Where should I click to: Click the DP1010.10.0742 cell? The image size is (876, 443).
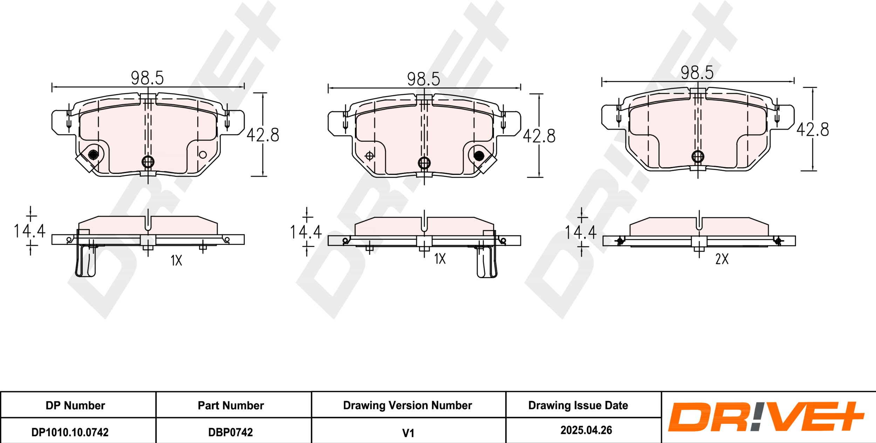[x=70, y=432]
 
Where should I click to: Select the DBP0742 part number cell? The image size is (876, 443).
[x=230, y=432]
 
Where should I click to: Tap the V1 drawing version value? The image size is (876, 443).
[x=408, y=433]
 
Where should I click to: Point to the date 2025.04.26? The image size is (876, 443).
[x=586, y=430]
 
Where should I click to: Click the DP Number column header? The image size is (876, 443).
[x=75, y=406]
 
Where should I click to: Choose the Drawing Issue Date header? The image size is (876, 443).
[x=578, y=406]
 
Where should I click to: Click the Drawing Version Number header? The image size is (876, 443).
[x=408, y=406]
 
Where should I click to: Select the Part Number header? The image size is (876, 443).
[x=231, y=406]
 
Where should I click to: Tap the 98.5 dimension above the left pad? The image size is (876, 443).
[x=147, y=78]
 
